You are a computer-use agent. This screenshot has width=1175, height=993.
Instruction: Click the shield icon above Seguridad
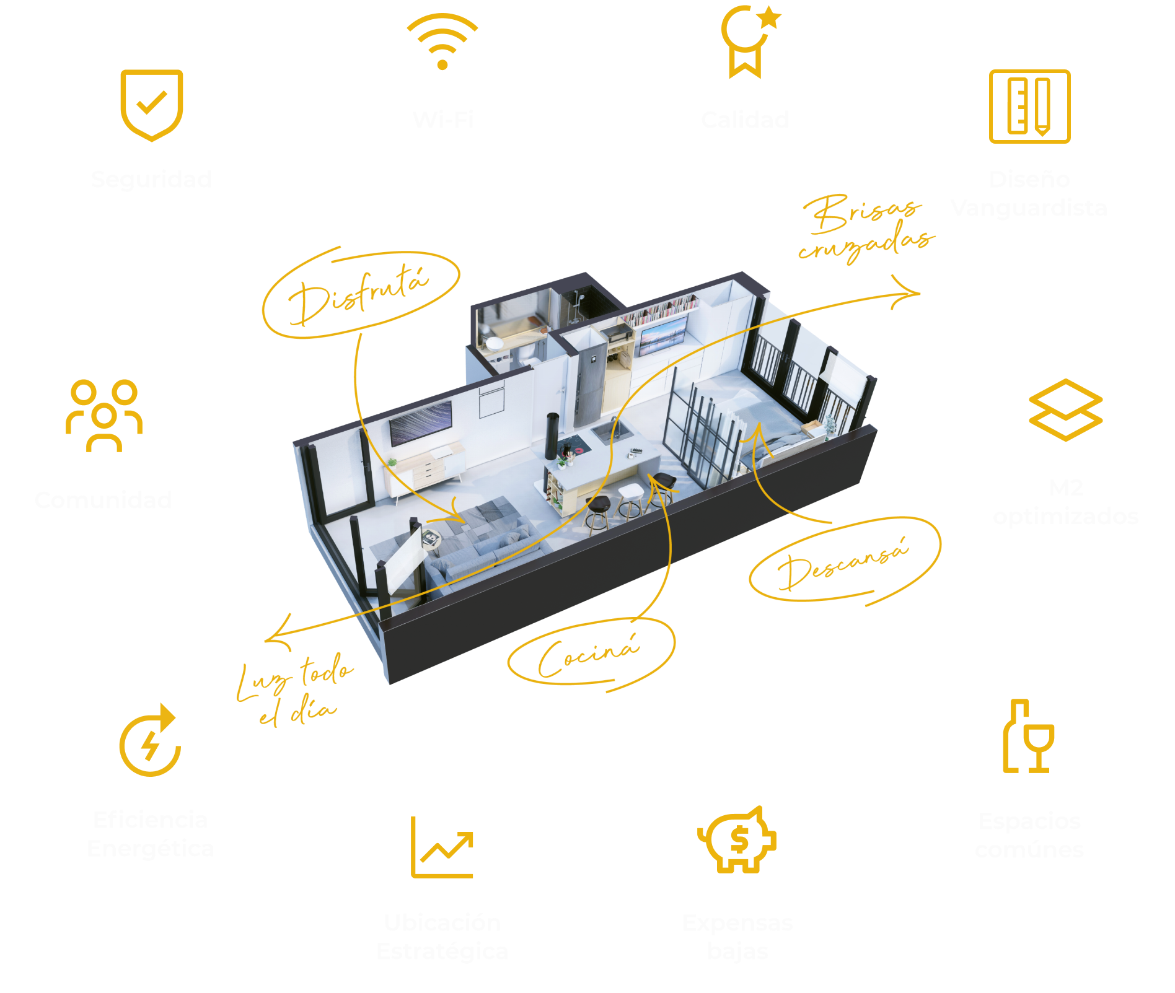tap(151, 104)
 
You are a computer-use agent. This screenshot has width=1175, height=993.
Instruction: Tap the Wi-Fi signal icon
tap(442, 42)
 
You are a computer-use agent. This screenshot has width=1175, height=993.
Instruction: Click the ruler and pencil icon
tap(1029, 107)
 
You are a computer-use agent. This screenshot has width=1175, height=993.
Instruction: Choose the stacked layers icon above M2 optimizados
tap(1065, 410)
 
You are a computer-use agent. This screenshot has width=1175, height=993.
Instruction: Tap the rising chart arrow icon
tap(442, 847)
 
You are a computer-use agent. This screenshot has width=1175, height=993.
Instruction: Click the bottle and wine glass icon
tap(1028, 737)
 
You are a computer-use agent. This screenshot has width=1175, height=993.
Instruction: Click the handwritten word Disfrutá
tap(359, 295)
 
